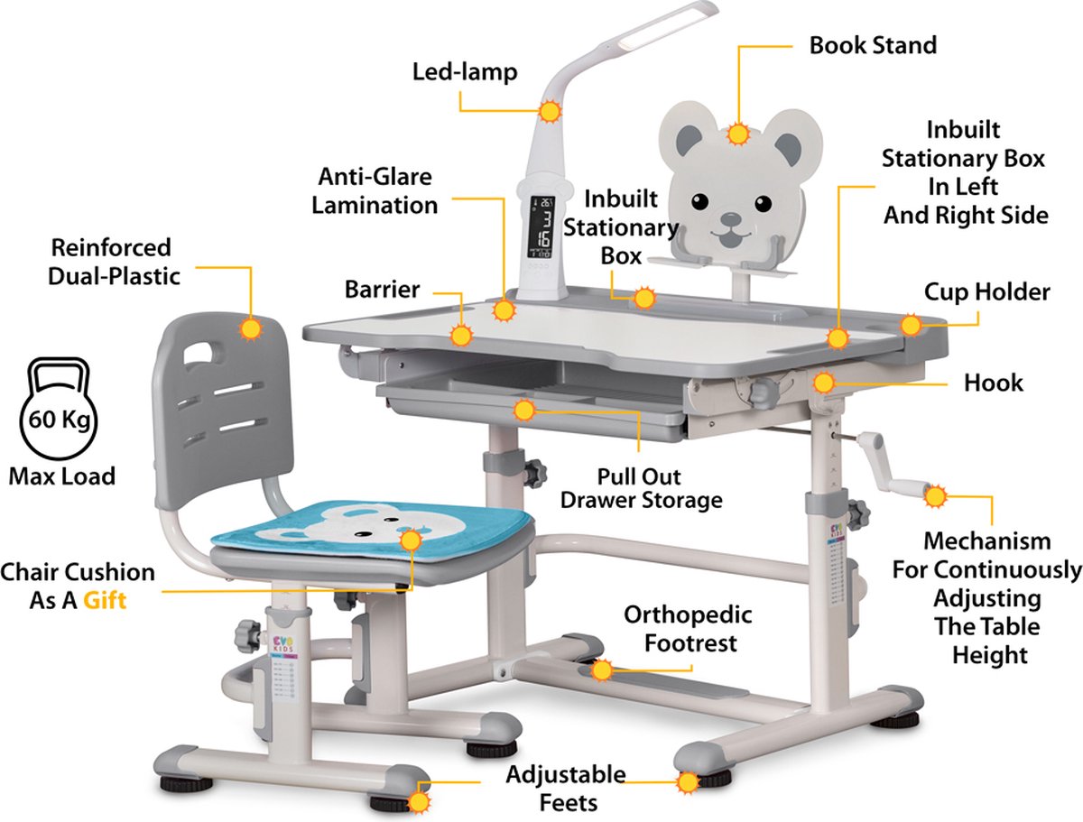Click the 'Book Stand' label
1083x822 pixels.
(x=873, y=45)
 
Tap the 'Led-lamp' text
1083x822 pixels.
(x=465, y=72)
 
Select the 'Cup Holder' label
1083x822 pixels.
(x=986, y=292)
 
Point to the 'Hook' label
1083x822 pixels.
(x=994, y=383)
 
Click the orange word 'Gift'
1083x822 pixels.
(x=105, y=601)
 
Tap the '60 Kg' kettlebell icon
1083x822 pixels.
(x=59, y=409)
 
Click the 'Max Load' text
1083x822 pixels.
(x=62, y=476)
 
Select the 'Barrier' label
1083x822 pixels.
(x=383, y=290)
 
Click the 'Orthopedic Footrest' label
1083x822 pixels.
(x=689, y=629)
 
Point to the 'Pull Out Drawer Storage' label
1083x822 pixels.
(x=642, y=489)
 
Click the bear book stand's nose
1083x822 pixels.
(x=731, y=219)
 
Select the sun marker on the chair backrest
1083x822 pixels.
(x=251, y=329)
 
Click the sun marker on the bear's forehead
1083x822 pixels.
(x=738, y=134)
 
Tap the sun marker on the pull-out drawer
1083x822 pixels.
(x=524, y=411)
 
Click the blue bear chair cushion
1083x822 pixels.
(x=373, y=529)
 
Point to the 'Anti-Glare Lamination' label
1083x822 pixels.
(x=375, y=190)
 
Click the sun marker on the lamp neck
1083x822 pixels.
(x=549, y=112)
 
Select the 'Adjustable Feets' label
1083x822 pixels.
(x=567, y=789)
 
